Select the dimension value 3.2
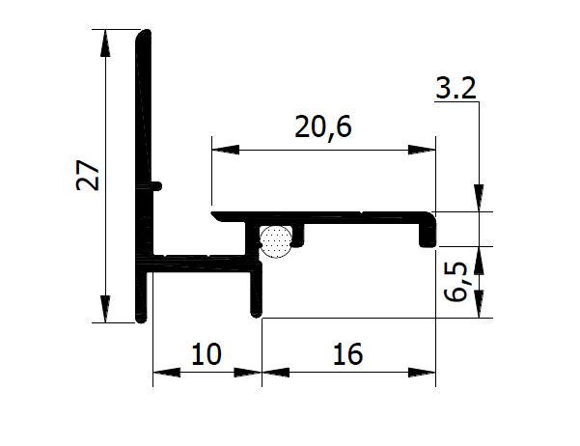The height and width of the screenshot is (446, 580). pyautogui.click(x=456, y=92)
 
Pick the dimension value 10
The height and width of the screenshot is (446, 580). pyautogui.click(x=206, y=355)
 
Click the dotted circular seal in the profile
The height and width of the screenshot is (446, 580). pyautogui.click(x=276, y=240)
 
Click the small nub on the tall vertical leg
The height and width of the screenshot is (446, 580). pyautogui.click(x=157, y=183)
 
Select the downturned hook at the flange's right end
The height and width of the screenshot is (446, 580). pyautogui.click(x=426, y=234)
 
